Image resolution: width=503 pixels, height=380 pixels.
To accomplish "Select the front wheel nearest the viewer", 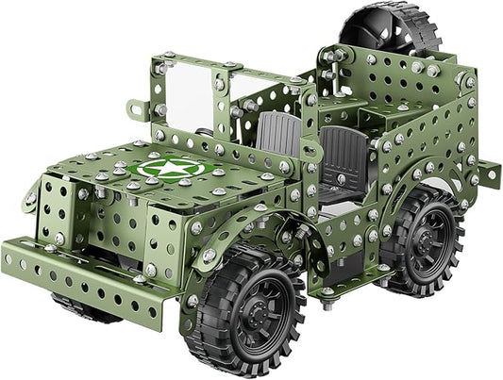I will (x=246, y=312).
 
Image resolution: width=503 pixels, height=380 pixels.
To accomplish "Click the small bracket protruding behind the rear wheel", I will (x=485, y=173).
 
